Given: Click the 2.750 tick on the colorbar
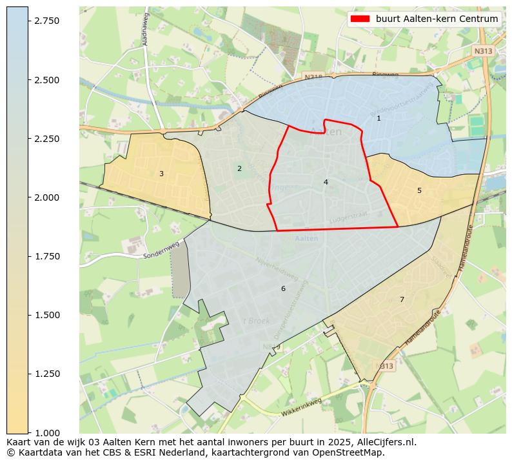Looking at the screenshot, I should pyautogui.click(x=28, y=21).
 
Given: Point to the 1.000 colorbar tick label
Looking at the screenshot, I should pyautogui.click(x=46, y=432).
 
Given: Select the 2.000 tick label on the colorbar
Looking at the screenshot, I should pyautogui.click(x=46, y=197).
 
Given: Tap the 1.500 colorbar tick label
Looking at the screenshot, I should pyautogui.click(x=46, y=315).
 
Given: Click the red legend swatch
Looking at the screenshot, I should pyautogui.click(x=360, y=19).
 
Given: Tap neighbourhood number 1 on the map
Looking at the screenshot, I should pyautogui.click(x=379, y=118).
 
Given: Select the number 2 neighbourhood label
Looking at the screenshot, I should pyautogui.click(x=239, y=168).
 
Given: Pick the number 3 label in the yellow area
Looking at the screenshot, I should pyautogui.click(x=161, y=174).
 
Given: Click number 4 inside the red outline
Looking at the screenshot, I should pyautogui.click(x=326, y=182).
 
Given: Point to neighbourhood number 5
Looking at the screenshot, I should pyautogui.click(x=419, y=190).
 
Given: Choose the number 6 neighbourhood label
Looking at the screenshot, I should pyautogui.click(x=282, y=288).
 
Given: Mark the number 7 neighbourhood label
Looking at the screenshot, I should pyautogui.click(x=402, y=299).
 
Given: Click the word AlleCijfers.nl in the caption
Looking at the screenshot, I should pyautogui.click(x=384, y=443).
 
